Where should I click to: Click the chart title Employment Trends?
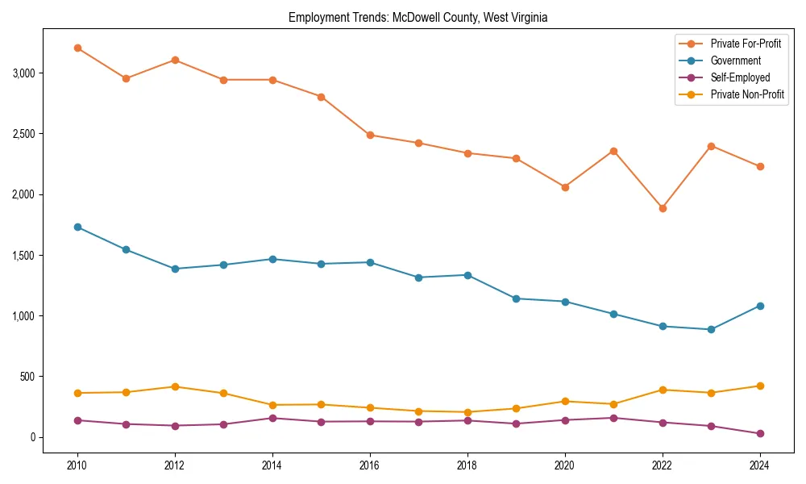pos(418,18)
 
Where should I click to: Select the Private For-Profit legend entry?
pos(746,44)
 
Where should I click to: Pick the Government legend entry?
pos(735,60)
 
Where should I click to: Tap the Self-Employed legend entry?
pos(740,77)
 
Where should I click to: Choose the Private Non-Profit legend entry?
pos(747,94)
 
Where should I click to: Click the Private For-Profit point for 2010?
pos(77,48)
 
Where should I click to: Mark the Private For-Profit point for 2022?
pos(663,208)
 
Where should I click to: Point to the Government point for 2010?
pos(77,227)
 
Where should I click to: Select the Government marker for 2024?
pos(760,306)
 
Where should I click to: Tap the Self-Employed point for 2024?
pos(760,434)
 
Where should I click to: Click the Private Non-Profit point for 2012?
pos(175,386)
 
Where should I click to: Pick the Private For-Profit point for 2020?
pos(565,187)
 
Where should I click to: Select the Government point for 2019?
pos(516,298)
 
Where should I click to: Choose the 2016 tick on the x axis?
pos(370,465)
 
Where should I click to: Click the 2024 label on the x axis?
pos(760,465)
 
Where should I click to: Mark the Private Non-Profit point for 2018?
pos(467,412)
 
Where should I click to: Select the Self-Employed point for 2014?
pos(272,418)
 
